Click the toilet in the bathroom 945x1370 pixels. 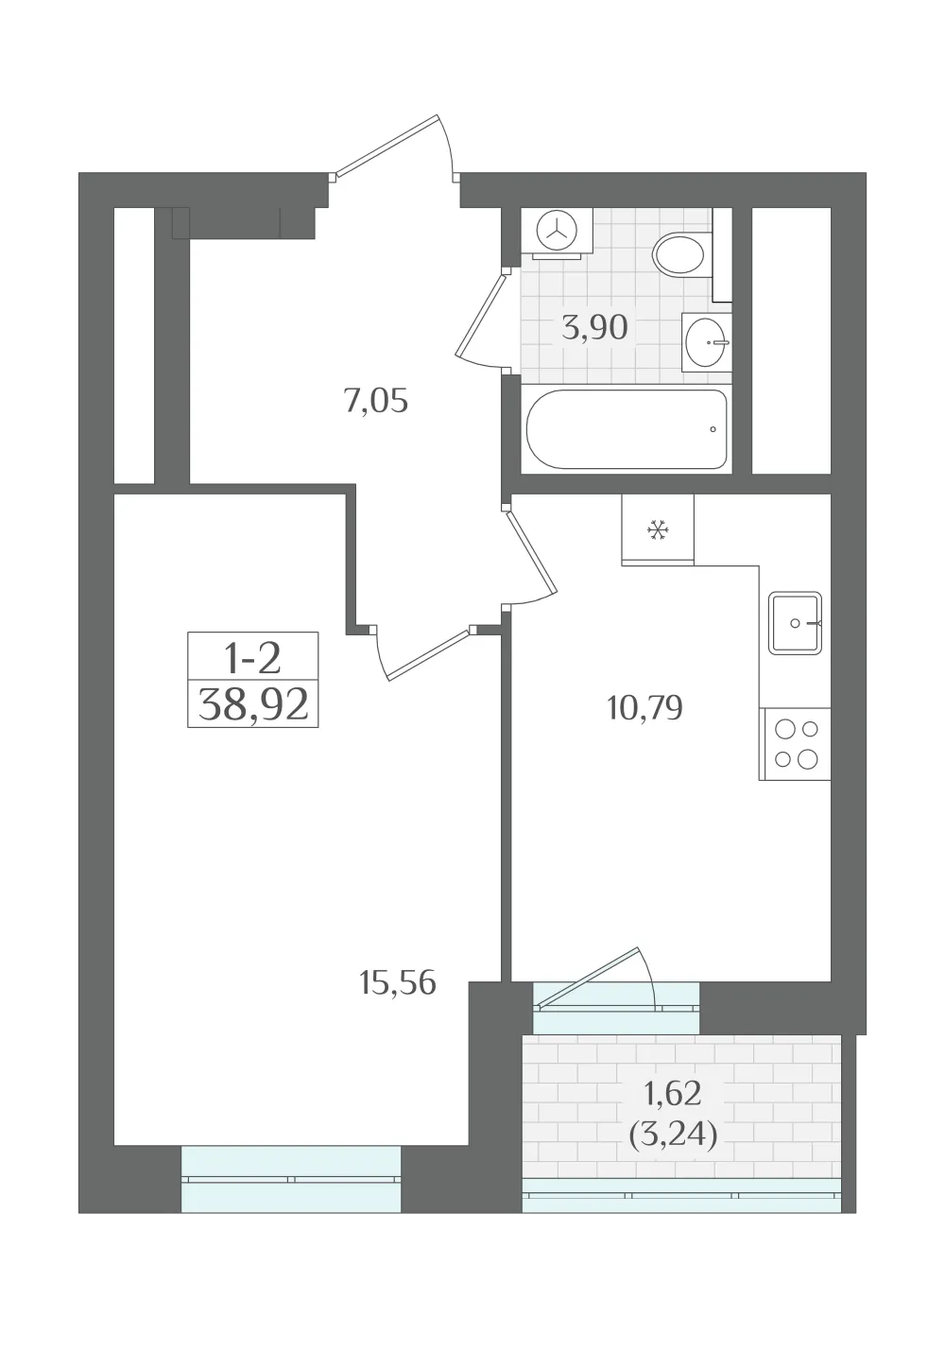(682, 254)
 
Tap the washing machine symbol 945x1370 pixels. (557, 233)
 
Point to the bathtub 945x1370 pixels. (626, 429)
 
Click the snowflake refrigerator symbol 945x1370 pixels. (658, 529)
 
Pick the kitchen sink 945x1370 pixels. (795, 623)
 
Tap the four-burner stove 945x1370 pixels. (795, 744)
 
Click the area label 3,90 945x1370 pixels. (594, 327)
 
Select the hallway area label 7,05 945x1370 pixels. (375, 403)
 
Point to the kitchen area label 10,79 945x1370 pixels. (644, 708)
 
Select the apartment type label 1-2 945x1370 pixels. (252, 659)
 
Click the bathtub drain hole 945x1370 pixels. (713, 429)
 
